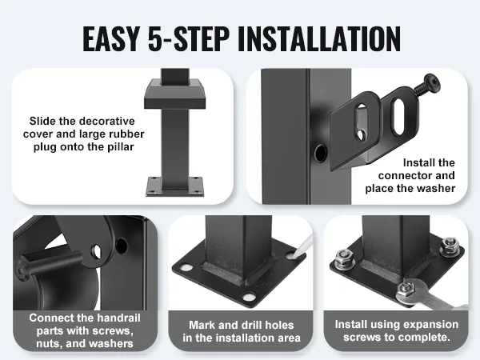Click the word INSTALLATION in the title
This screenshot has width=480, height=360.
(318, 39)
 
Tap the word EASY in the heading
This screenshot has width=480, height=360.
(111, 39)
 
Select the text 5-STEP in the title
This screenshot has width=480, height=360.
(188, 39)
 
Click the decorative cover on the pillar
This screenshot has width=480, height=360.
(174, 94)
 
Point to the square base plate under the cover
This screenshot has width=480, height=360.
(174, 186)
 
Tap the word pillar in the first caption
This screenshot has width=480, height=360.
(121, 147)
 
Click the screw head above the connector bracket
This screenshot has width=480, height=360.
(432, 82)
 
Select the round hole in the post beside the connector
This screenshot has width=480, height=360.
(320, 153)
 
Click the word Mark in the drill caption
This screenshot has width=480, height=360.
(199, 325)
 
